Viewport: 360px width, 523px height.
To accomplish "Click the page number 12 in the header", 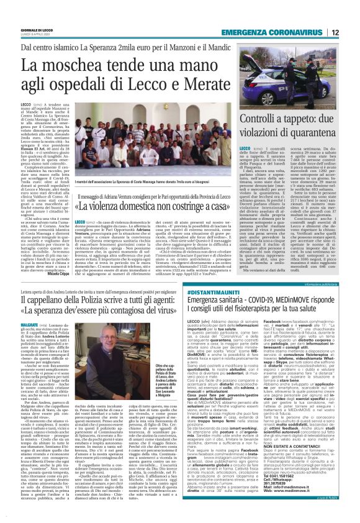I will coord(352,32).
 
